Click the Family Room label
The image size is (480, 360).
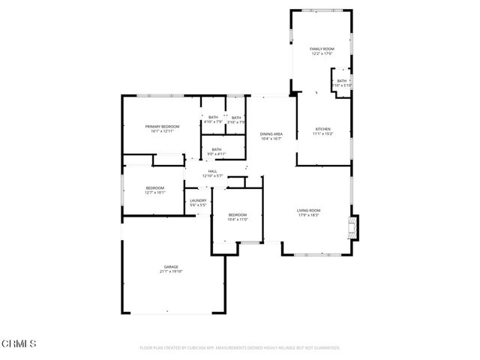pyautogui.click(x=322, y=49)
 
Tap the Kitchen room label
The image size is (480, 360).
pyautogui.click(x=322, y=129)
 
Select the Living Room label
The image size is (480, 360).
pyautogui.click(x=309, y=210)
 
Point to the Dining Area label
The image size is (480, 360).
pyautogui.click(x=271, y=133)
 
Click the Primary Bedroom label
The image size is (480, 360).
pyautogui.click(x=162, y=127)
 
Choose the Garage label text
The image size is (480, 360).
pyautogui.click(x=171, y=267)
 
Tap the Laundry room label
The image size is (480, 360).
pyautogui.click(x=198, y=200)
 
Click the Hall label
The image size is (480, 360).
pyautogui.click(x=213, y=171)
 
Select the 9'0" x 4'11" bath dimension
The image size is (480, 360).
pyautogui.click(x=216, y=154)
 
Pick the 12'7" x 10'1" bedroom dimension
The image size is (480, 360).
pyautogui.click(x=154, y=192)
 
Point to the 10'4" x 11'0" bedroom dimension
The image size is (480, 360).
pyautogui.click(x=238, y=219)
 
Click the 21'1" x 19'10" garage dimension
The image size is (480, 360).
pyautogui.click(x=171, y=271)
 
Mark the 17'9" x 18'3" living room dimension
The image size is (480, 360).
pyautogui.click(x=309, y=215)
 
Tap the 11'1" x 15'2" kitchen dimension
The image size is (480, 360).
pyautogui.click(x=322, y=133)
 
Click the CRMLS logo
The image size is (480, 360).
pyautogui.click(x=19, y=343)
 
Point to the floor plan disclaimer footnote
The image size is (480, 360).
pyautogui.click(x=240, y=348)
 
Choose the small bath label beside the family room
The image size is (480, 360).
pyautogui.click(x=342, y=81)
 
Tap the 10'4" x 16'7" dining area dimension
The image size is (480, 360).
pyautogui.click(x=271, y=139)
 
